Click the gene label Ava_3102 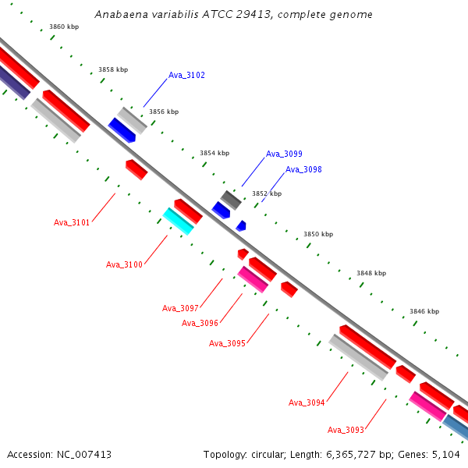click(x=186, y=76)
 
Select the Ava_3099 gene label click(x=284, y=154)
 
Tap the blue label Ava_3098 click(x=303, y=169)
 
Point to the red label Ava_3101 click(x=72, y=222)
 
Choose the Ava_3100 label click(x=124, y=265)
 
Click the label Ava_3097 click(x=180, y=308)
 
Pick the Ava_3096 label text click(x=200, y=323)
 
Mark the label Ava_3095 click(x=227, y=343)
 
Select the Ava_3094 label click(x=307, y=402)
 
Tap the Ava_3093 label click(x=346, y=430)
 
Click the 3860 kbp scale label click(x=64, y=27)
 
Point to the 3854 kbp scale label click(x=214, y=154)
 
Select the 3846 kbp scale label click(x=424, y=311)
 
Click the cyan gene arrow click(x=179, y=221)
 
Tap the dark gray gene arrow click(x=230, y=200)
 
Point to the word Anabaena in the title click(x=119, y=15)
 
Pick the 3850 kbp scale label click(x=318, y=234)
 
